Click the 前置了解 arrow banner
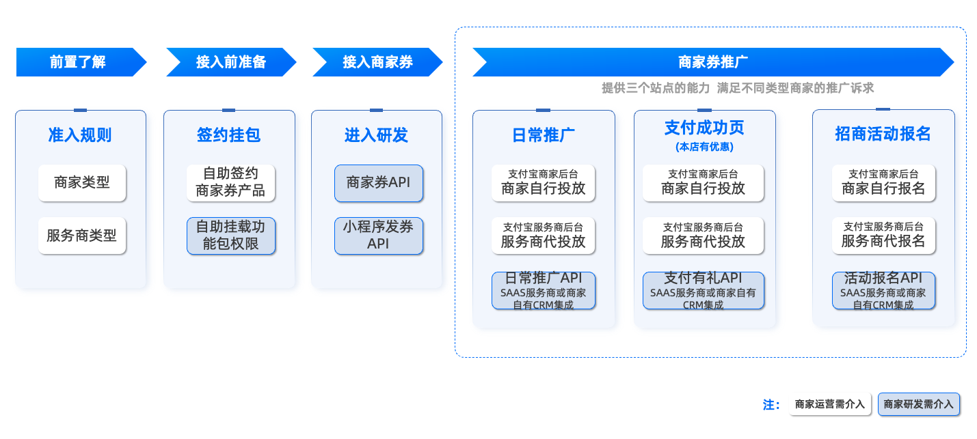81,62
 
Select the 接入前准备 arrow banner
231,62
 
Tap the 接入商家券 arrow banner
377,62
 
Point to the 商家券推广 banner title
712,62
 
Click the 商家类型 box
82,183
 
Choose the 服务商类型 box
82,236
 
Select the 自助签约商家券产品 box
230,183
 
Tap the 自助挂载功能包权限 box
230,236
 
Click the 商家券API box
379,183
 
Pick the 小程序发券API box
379,236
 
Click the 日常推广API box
544,290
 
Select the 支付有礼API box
703,290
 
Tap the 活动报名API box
883,290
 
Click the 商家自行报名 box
883,183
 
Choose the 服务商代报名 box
883,236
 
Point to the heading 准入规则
80,135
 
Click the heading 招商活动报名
883,134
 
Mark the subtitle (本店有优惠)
704,147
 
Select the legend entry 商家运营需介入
829,404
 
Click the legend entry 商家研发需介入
919,404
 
